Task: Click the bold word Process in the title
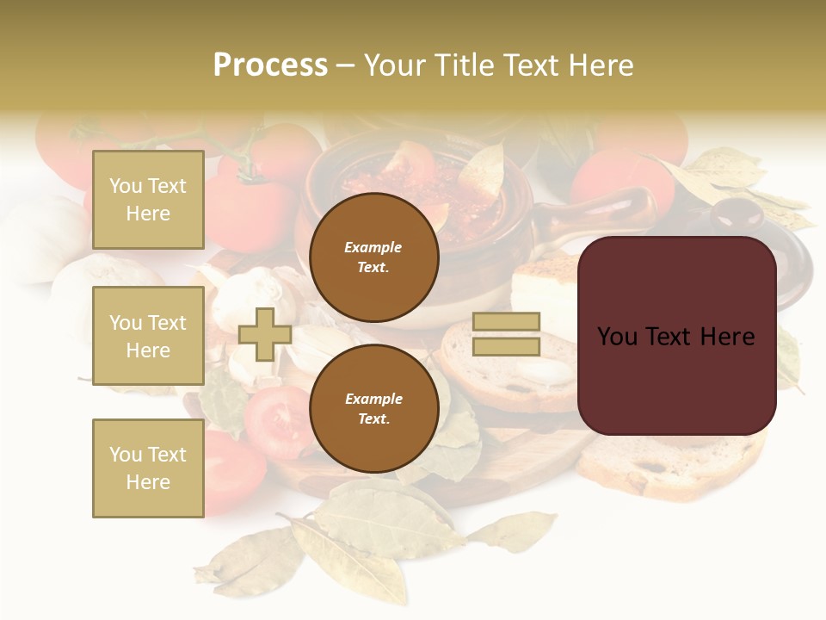coord(270,65)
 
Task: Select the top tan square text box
coord(148,200)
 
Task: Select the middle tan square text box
coord(148,336)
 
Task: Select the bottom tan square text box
coord(148,468)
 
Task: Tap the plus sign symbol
coord(264,335)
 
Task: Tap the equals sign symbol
coord(507,334)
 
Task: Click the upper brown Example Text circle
coord(373,257)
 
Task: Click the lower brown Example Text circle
coord(373,409)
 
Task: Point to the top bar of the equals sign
coord(507,322)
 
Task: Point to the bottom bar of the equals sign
coord(507,346)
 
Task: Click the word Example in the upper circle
coord(373,247)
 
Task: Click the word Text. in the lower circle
coord(373,419)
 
